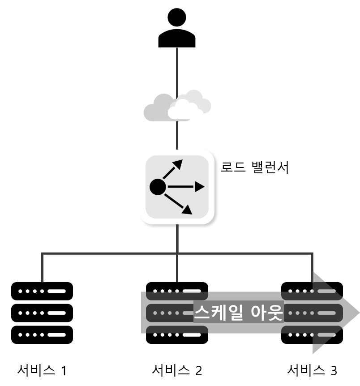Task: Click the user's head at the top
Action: pyautogui.click(x=177, y=17)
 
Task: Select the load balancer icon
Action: pyautogui.click(x=177, y=187)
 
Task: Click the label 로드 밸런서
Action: pyautogui.click(x=255, y=167)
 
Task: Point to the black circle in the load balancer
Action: pyautogui.click(x=158, y=187)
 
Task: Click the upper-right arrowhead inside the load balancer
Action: pyautogui.click(x=178, y=164)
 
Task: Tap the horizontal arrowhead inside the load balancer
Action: pyautogui.click(x=200, y=187)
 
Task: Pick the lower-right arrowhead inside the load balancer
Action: pyautogui.click(x=187, y=210)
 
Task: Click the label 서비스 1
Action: pyautogui.click(x=42, y=370)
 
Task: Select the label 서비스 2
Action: pyautogui.click(x=177, y=370)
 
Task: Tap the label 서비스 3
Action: pyautogui.click(x=312, y=370)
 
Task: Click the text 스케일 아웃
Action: pyautogui.click(x=238, y=312)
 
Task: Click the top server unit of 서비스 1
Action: pyautogui.click(x=42, y=291)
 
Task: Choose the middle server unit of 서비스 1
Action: pyautogui.click(x=42, y=313)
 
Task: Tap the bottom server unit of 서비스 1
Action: pyautogui.click(x=42, y=335)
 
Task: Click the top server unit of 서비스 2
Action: pyautogui.click(x=177, y=291)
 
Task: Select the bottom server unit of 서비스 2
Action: pyautogui.click(x=177, y=335)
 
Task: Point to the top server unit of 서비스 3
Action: pyautogui.click(x=312, y=291)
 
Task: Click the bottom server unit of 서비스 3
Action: pyautogui.click(x=312, y=335)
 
